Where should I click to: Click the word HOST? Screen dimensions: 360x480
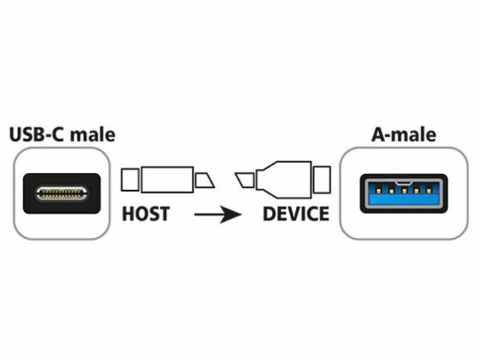click(x=146, y=213)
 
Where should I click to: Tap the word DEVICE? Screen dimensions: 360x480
click(x=296, y=213)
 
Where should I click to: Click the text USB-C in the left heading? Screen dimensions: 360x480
click(x=38, y=134)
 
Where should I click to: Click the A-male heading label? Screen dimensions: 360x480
click(x=404, y=134)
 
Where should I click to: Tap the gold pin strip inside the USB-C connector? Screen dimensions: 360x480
click(x=61, y=193)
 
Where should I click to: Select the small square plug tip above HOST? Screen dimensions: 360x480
click(x=130, y=179)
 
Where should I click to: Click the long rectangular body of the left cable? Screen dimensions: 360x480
click(x=167, y=179)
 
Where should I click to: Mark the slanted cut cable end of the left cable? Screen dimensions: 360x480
click(x=205, y=179)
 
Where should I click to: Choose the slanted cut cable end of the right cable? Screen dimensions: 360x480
click(x=245, y=179)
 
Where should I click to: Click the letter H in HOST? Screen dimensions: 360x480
click(x=128, y=213)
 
